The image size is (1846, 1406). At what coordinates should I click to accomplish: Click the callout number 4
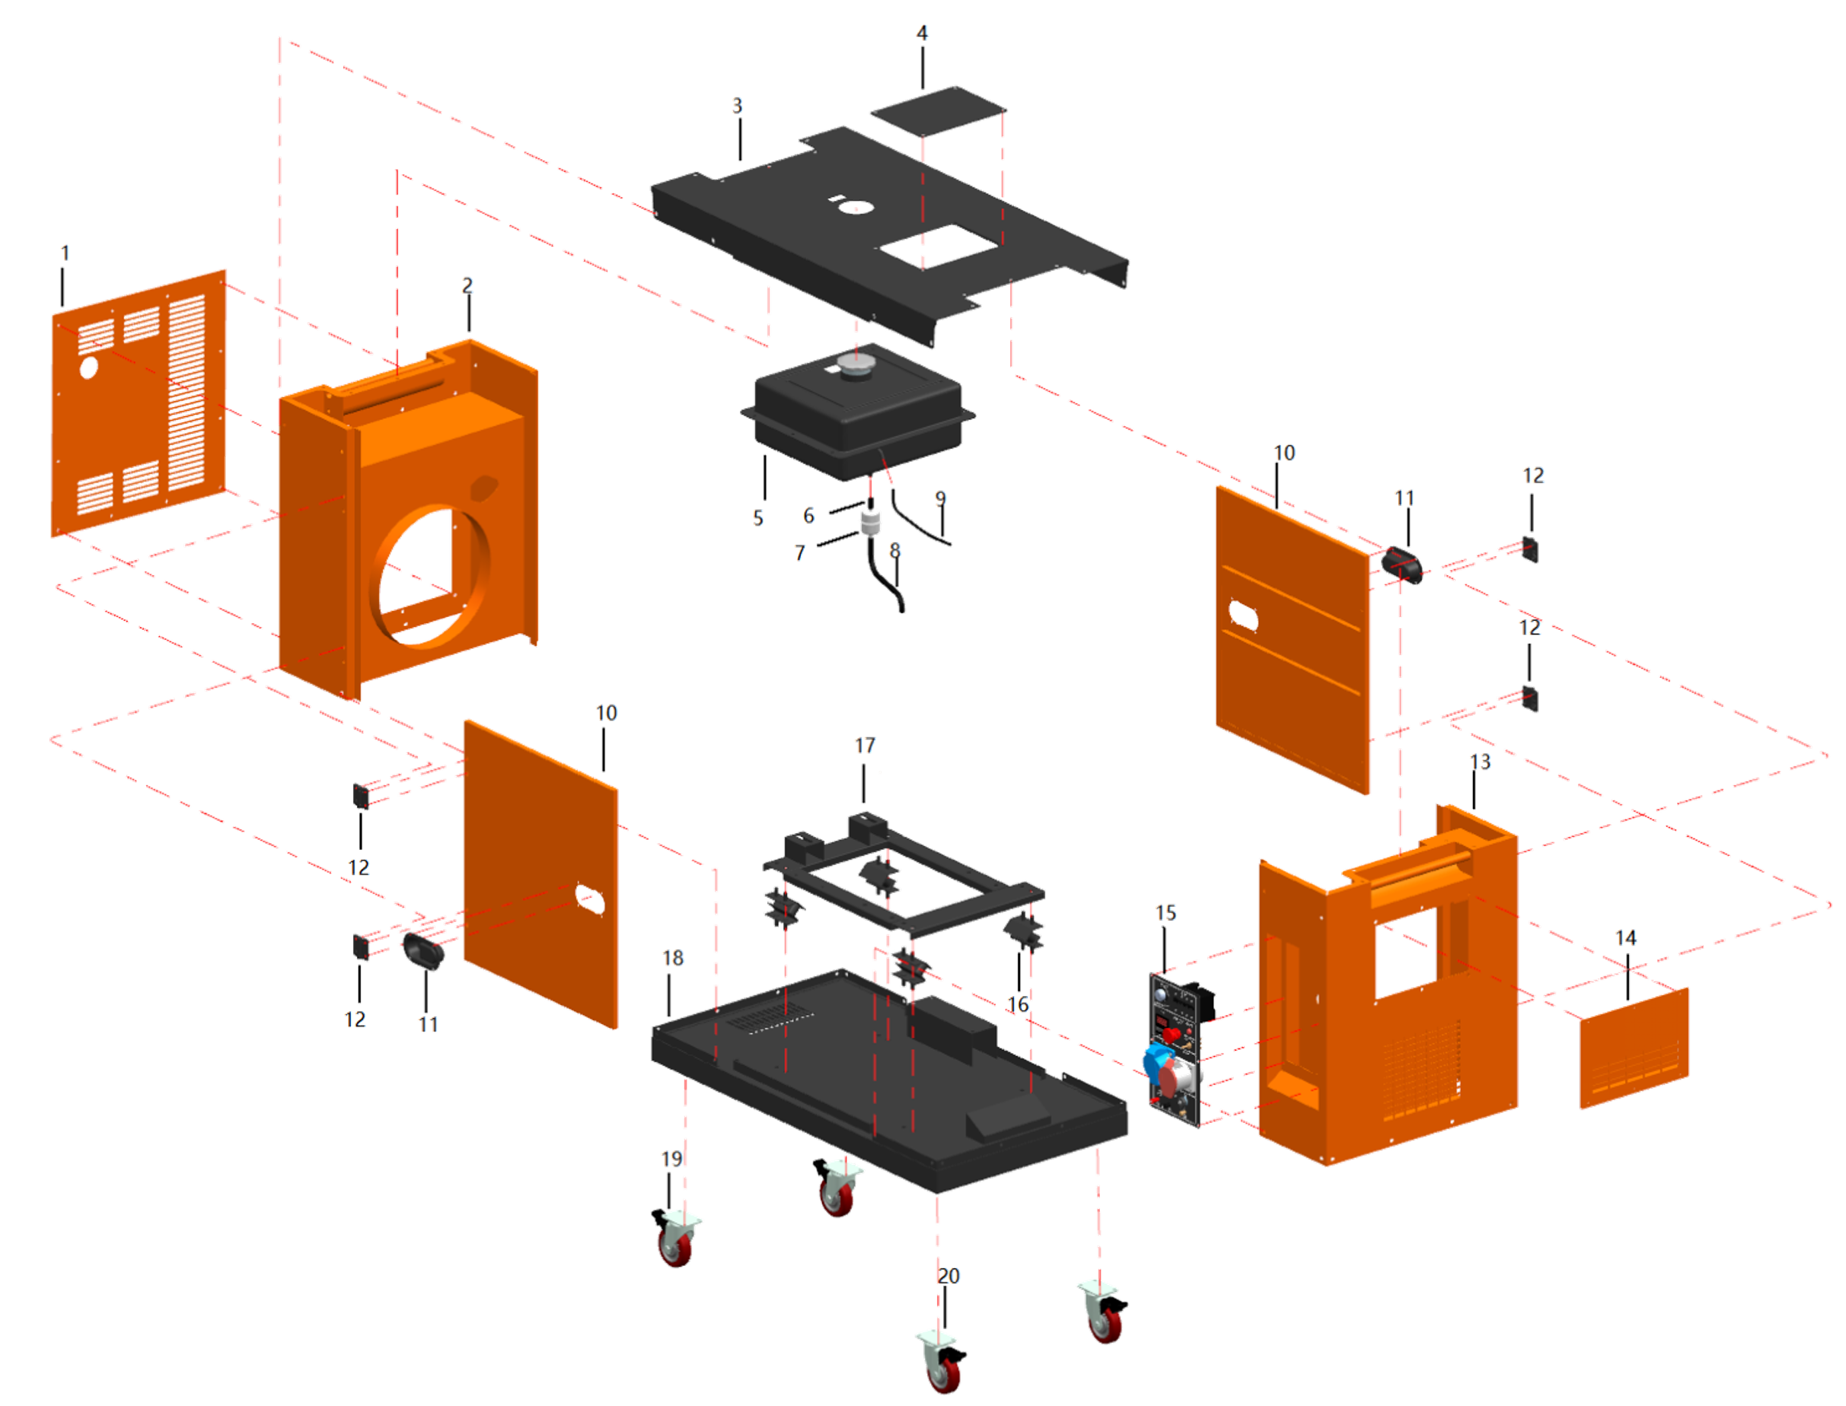[x=922, y=33]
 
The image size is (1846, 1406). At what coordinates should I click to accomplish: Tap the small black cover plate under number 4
[x=938, y=110]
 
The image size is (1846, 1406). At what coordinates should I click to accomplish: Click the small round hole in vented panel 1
[x=89, y=367]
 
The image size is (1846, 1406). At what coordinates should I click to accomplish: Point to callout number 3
[x=737, y=106]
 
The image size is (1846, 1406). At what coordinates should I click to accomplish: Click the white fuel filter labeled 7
[x=871, y=524]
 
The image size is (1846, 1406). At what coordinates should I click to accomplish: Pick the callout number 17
[x=865, y=746]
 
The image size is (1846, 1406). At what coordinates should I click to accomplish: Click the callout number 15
[x=1165, y=913]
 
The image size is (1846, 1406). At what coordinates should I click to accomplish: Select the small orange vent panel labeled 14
[x=1634, y=1048]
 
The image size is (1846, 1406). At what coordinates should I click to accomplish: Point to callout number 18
[x=673, y=959]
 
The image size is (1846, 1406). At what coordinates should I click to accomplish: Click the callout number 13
[x=1480, y=762]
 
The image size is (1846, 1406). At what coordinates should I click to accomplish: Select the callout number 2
[x=467, y=285]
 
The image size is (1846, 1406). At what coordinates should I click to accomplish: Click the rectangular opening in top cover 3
[x=938, y=246]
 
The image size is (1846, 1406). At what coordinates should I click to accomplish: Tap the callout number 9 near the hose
[x=940, y=498]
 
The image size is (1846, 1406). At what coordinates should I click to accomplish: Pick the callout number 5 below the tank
[x=757, y=518]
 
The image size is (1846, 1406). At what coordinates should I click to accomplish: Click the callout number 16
[x=1017, y=1004]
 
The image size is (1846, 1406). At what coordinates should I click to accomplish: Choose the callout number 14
[x=1626, y=938]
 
